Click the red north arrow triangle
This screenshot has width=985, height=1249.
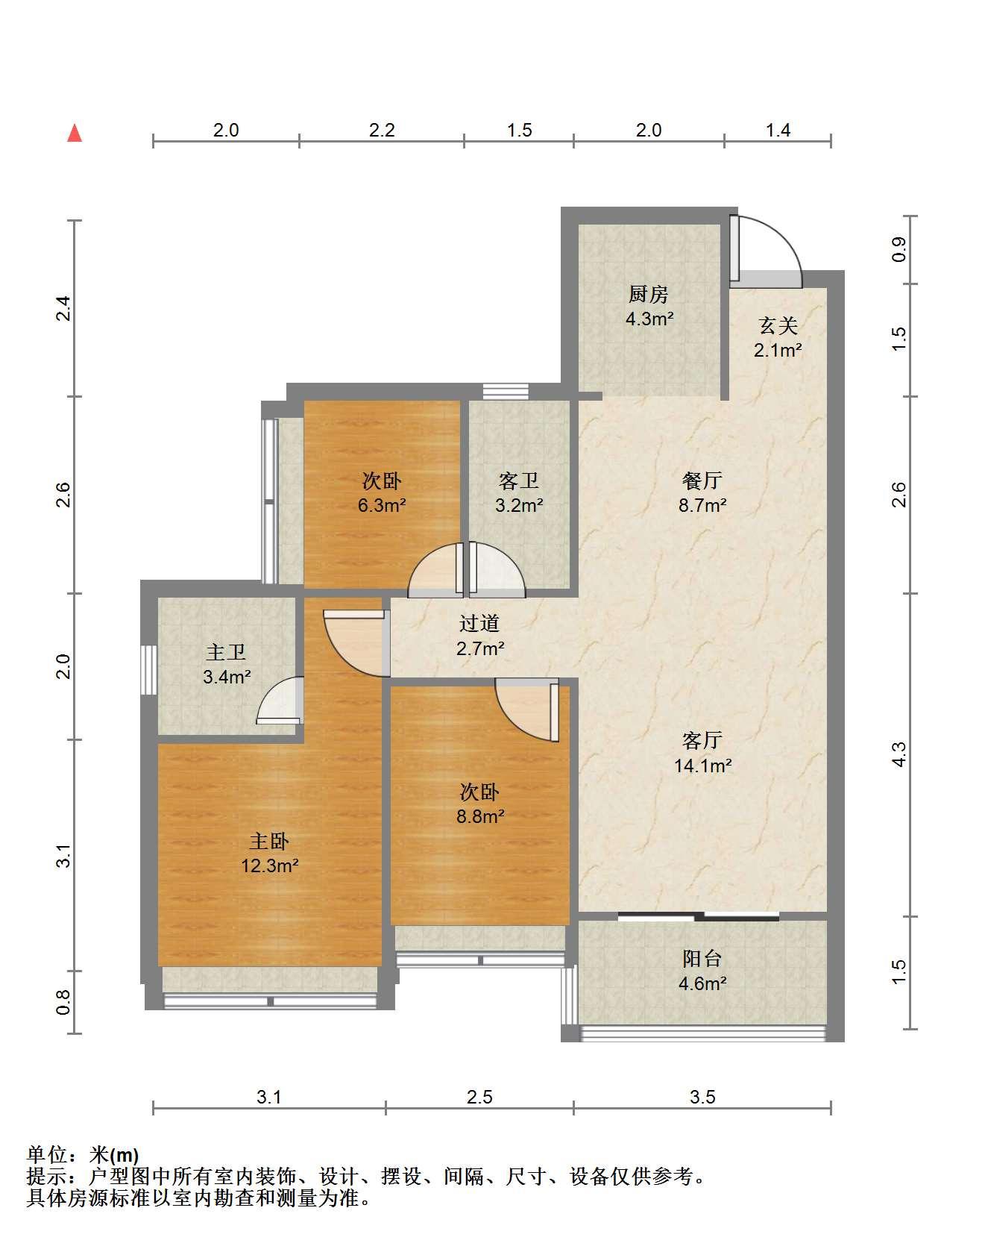coord(75,134)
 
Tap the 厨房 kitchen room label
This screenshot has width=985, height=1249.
coord(649,295)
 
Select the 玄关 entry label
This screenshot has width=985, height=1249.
coord(778,325)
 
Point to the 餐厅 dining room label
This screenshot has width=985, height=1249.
coord(702,480)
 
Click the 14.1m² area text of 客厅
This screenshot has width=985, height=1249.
coord(702,765)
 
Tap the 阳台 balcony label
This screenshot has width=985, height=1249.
coord(702,959)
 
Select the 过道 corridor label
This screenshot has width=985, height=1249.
coord(479,623)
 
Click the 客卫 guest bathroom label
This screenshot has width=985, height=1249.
coord(518,481)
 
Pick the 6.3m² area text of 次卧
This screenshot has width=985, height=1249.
coord(382,505)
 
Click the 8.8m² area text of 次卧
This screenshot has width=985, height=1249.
coord(480,816)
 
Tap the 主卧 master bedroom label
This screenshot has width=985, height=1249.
coord(268,842)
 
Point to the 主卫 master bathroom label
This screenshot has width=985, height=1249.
coord(226,653)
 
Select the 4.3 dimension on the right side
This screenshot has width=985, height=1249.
coord(899,754)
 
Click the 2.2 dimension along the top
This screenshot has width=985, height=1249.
coord(382,130)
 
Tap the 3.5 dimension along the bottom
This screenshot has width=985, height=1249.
coord(702,1097)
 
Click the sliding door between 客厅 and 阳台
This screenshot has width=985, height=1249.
coord(699,915)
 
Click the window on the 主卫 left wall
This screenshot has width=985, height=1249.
coord(149,669)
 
